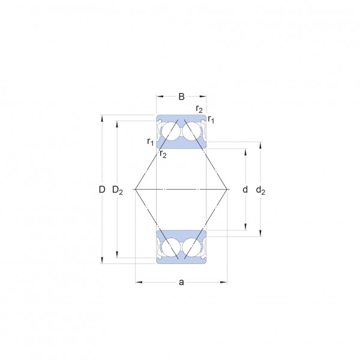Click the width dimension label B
point(181,97)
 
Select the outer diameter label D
point(102,190)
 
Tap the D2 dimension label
point(118,190)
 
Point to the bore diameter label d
point(245,190)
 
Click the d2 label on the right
point(260,190)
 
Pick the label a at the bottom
point(181,282)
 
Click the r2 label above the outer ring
point(199,109)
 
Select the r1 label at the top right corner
point(211,119)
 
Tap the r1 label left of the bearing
point(151,142)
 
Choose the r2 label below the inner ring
point(163,154)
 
